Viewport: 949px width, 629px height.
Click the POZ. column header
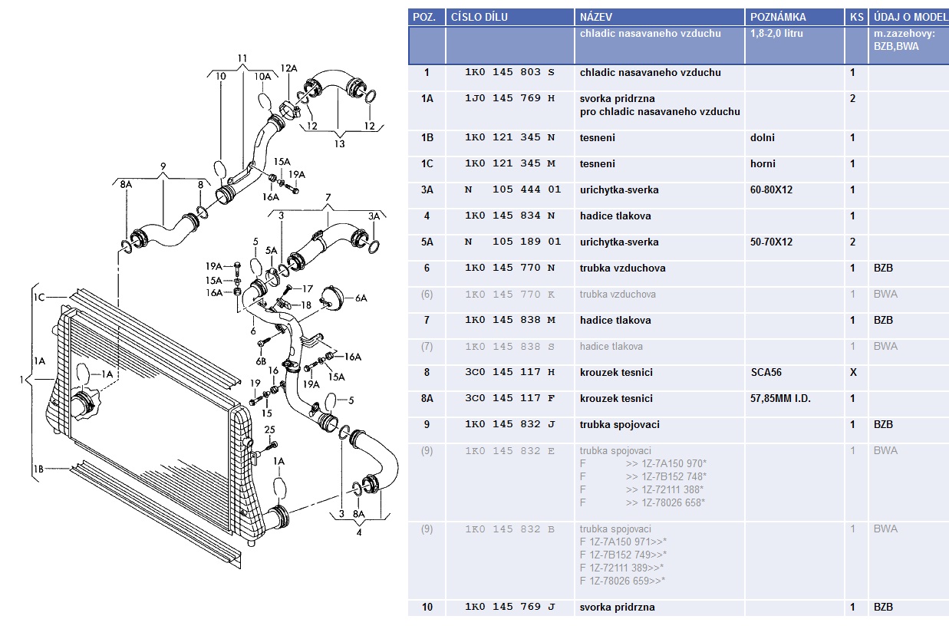424,18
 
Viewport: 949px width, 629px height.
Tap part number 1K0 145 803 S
509,72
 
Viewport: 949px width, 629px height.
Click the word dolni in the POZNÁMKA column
762,137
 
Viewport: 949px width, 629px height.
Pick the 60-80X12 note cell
771,189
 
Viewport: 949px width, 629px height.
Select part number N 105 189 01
512,242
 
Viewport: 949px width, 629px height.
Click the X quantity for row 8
853,372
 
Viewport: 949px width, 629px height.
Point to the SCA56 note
766,372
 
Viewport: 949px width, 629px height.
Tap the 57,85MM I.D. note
780,399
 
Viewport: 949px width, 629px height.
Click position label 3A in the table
427,189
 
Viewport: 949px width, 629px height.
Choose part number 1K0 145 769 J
509,607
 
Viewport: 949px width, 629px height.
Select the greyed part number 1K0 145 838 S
509,347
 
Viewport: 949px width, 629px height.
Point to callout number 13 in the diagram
339,144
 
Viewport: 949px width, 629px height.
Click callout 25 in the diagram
269,430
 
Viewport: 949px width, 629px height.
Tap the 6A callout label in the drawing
361,298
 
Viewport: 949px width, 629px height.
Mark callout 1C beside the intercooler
39,297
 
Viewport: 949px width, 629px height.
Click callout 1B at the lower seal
38,469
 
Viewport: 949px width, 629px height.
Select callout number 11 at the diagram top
242,58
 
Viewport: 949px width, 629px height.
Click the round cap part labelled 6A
332,298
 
